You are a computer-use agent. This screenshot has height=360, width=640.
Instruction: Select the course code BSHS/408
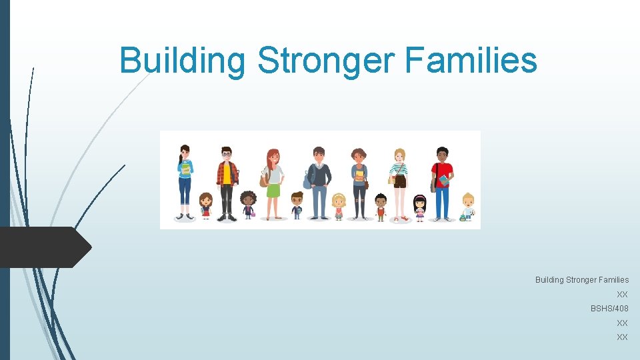pos(609,309)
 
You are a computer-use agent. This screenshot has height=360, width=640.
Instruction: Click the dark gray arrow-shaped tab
pos(44,247)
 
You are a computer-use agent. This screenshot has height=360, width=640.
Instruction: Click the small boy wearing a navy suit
pos(297,205)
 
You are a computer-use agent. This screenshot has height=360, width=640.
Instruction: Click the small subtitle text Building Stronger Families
pos(581,280)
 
